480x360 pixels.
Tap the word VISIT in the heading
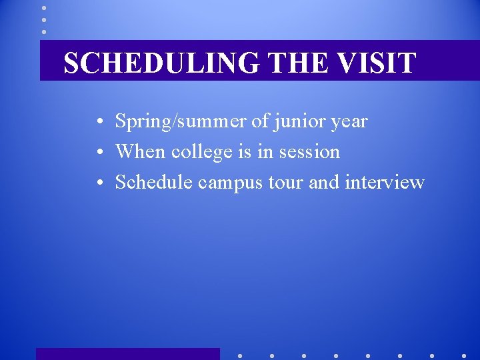[x=377, y=63]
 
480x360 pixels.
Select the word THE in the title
[x=299, y=63]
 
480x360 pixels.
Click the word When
[x=140, y=151]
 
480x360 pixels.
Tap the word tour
[x=286, y=183]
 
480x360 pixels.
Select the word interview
[x=384, y=182]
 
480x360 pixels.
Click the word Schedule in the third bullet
[x=154, y=182]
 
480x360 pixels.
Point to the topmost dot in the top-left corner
[x=44, y=8]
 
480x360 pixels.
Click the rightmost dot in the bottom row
[x=464, y=355]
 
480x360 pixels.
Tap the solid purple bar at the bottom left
[x=127, y=354]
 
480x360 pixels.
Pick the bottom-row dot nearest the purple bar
[x=239, y=355]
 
